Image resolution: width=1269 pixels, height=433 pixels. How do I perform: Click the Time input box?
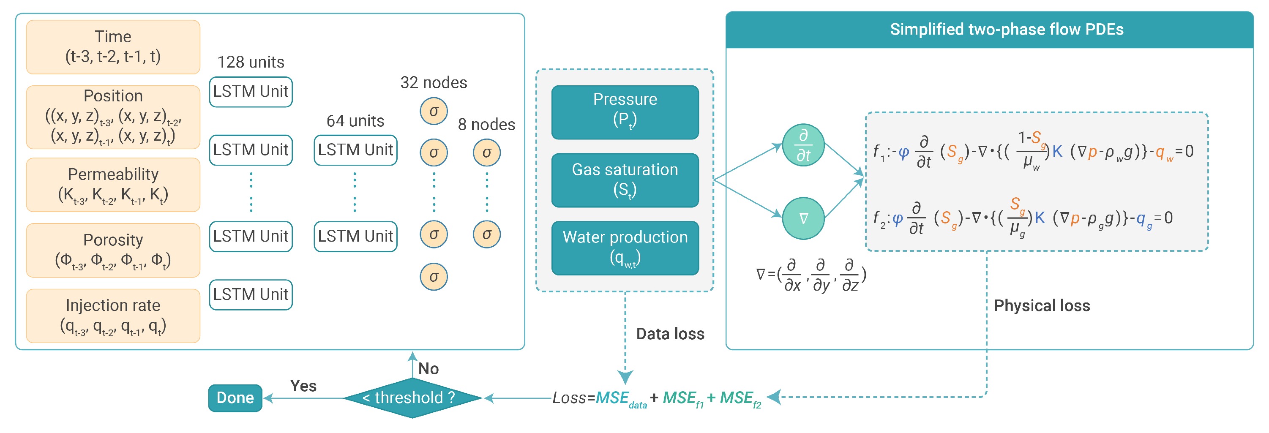pyautogui.click(x=113, y=47)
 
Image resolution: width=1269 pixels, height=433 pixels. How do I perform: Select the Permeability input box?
pyautogui.click(x=113, y=185)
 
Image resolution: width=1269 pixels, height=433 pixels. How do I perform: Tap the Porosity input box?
pyautogui.click(x=113, y=250)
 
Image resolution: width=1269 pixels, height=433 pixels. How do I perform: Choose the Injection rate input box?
pyautogui.click(x=113, y=316)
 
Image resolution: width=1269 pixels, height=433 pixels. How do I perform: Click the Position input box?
pyautogui.click(x=113, y=117)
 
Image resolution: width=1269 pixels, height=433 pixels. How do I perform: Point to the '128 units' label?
pyautogui.click(x=251, y=62)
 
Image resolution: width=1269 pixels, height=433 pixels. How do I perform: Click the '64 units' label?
pyautogui.click(x=355, y=121)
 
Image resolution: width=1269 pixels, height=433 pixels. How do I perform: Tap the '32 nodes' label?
pyautogui.click(x=434, y=82)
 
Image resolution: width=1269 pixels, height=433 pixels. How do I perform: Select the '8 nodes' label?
pyautogui.click(x=486, y=124)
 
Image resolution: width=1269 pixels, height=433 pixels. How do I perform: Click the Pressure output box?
pyautogui.click(x=625, y=112)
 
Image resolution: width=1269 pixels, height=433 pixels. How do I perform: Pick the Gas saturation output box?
pyautogui.click(x=625, y=180)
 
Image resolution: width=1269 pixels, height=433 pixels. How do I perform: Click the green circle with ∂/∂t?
pyautogui.click(x=803, y=145)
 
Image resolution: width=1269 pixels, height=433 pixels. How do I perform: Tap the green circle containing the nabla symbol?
pyautogui.click(x=803, y=218)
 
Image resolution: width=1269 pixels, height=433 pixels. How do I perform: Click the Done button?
pyautogui.click(x=235, y=398)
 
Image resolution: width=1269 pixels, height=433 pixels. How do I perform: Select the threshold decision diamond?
pyautogui.click(x=412, y=398)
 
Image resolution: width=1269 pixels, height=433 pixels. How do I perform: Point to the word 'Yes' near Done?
pyautogui.click(x=303, y=386)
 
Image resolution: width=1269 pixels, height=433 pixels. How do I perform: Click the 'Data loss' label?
pyautogui.click(x=670, y=334)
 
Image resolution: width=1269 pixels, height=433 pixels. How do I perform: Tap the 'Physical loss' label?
pyautogui.click(x=1041, y=305)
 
